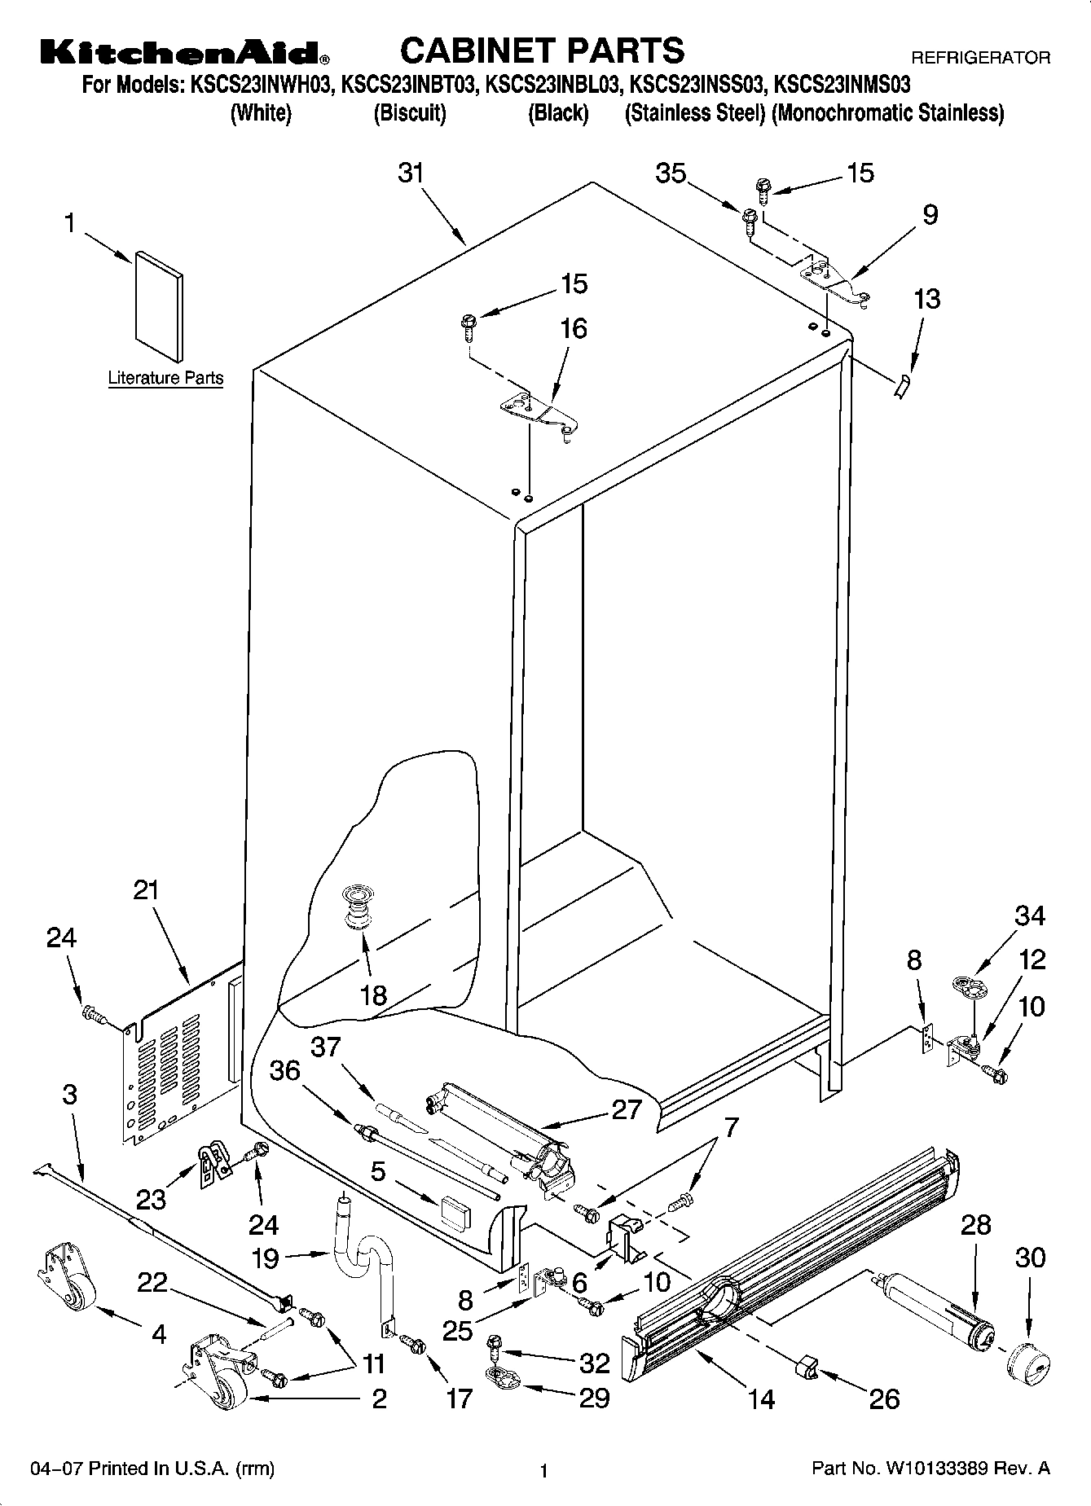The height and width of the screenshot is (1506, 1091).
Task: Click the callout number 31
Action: (x=411, y=173)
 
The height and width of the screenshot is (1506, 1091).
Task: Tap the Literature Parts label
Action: (x=165, y=378)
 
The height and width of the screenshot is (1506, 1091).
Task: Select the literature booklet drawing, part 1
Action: (x=159, y=305)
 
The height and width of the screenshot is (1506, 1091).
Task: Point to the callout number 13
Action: (x=927, y=299)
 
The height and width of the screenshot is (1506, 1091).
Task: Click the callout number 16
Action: (x=574, y=328)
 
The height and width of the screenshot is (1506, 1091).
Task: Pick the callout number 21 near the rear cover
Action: (x=147, y=890)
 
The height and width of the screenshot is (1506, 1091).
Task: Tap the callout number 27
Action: (x=627, y=1109)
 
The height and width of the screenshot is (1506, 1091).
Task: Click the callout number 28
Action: (x=976, y=1224)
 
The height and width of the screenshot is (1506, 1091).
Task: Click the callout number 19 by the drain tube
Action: (x=266, y=1259)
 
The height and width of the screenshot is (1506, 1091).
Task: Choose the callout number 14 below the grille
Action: (x=761, y=1398)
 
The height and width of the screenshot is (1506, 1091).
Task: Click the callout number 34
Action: (x=1030, y=915)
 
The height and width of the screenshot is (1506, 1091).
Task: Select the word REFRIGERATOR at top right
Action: (x=980, y=59)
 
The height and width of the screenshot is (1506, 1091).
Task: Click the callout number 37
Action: (x=326, y=1047)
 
